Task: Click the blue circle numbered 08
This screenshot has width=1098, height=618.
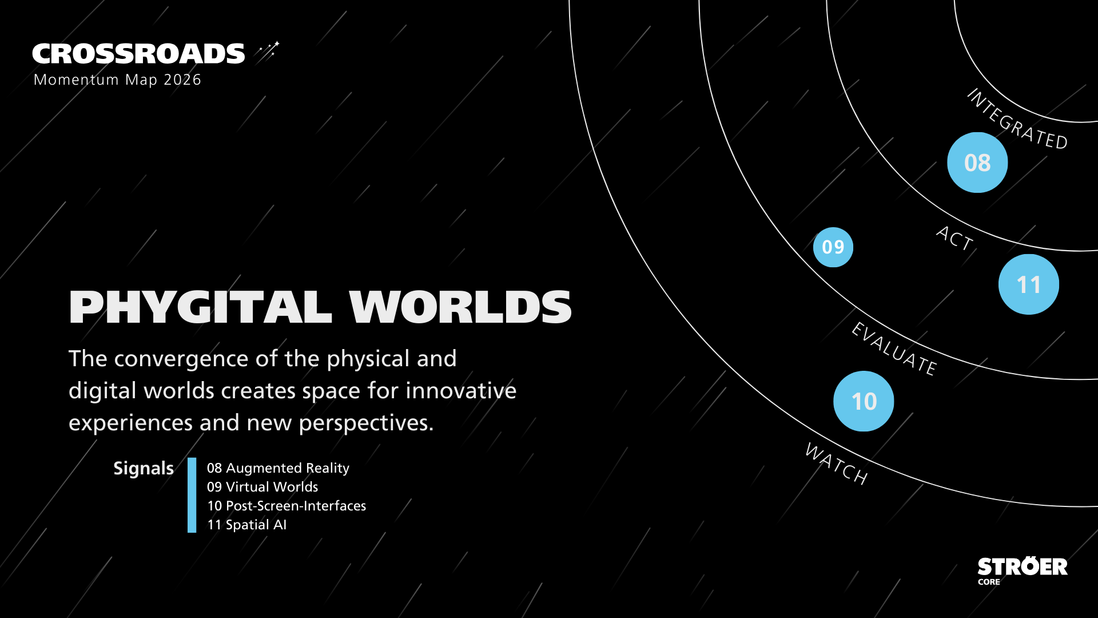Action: click(977, 163)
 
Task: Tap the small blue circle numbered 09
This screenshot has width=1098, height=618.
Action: click(833, 247)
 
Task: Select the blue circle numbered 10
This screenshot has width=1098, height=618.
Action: click(864, 401)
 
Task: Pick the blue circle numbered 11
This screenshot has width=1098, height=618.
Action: click(1028, 284)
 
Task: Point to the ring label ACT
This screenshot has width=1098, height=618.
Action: click(954, 238)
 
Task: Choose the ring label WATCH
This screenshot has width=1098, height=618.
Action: click(837, 464)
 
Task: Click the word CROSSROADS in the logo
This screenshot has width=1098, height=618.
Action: click(138, 54)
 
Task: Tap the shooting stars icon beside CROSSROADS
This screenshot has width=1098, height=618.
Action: click(267, 51)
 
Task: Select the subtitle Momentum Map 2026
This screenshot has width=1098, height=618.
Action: click(117, 80)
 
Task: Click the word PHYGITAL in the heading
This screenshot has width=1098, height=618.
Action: click(200, 307)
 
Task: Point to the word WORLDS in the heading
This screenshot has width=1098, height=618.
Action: click(460, 307)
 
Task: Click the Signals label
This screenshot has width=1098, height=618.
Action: click(143, 469)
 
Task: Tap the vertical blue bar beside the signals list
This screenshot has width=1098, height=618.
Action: click(192, 495)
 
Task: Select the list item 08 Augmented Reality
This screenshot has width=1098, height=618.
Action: click(278, 468)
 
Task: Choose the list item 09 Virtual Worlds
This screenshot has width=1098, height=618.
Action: click(262, 487)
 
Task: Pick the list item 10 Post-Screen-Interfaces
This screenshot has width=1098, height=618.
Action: click(287, 506)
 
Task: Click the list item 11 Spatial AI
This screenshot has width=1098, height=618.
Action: click(246, 525)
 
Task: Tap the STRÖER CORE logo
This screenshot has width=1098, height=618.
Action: click(1022, 571)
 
